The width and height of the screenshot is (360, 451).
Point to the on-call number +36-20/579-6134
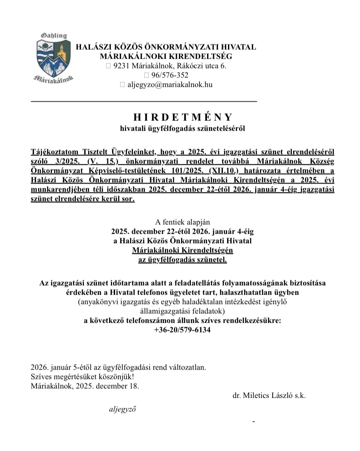183,330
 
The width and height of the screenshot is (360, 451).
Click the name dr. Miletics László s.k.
269,395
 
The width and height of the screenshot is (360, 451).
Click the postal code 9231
121,66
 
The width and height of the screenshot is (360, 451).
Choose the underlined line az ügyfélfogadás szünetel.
183,259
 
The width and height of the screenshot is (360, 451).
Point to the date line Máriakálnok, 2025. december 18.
85,386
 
